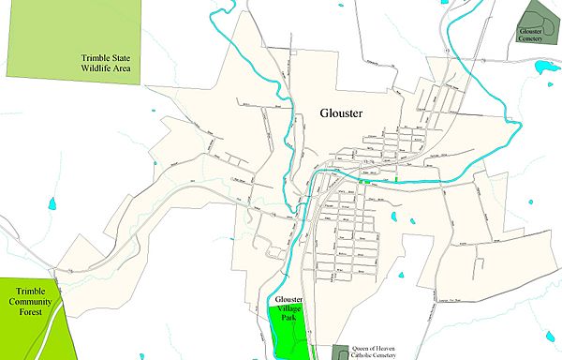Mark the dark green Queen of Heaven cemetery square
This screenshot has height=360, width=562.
340,352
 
